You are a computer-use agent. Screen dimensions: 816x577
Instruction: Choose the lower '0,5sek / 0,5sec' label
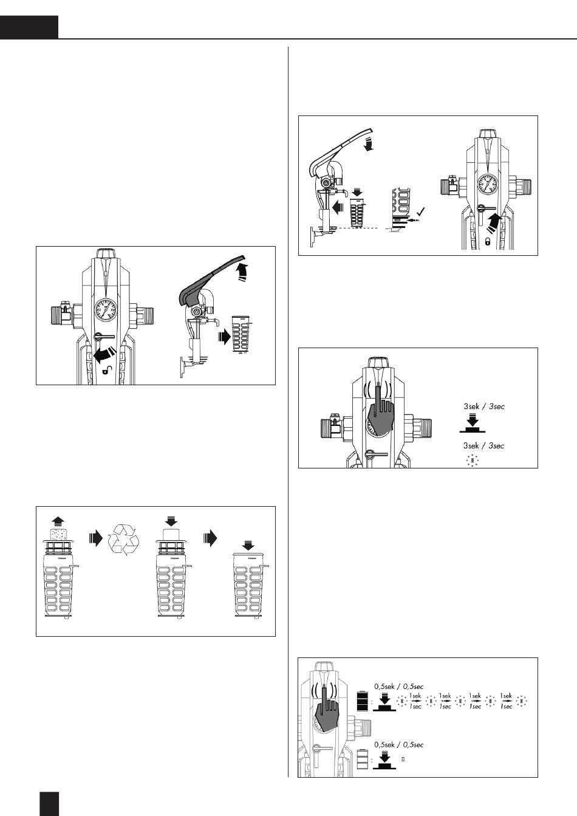[398, 744]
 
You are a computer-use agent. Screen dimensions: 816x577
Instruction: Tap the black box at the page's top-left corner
[29, 27]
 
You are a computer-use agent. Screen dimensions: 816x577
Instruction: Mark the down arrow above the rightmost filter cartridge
[248, 546]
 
